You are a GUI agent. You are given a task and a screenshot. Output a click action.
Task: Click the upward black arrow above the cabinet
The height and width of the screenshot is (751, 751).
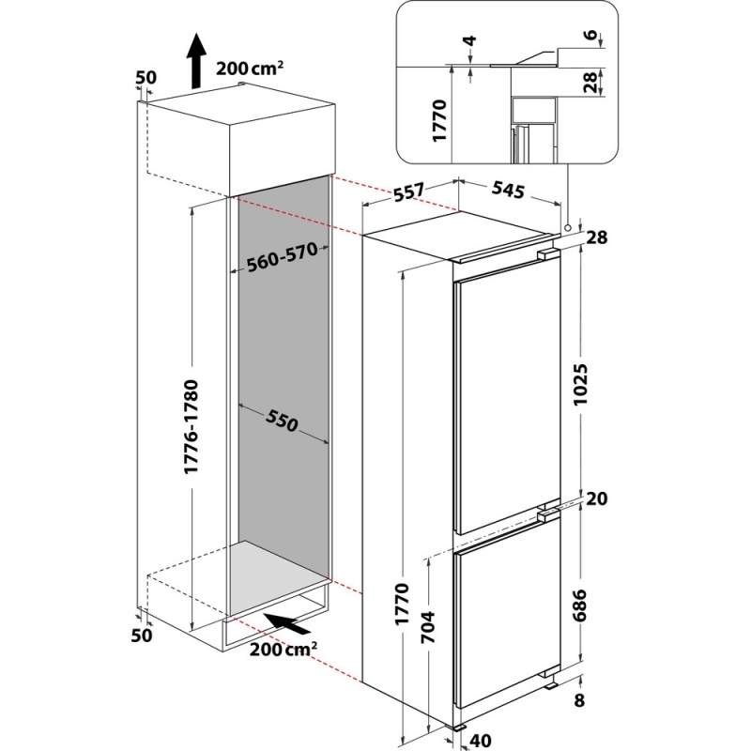tap(196, 61)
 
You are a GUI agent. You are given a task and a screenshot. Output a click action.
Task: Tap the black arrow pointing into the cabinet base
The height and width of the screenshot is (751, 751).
tap(288, 624)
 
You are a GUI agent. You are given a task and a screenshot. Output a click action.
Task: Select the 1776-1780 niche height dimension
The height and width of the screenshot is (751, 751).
tap(192, 427)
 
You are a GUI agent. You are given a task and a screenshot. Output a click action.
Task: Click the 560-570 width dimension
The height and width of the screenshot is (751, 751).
tap(283, 256)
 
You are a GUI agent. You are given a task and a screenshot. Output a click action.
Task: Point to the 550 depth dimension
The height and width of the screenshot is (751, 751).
tap(283, 421)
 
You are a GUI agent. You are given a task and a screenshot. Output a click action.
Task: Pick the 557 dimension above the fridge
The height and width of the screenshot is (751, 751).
tap(410, 192)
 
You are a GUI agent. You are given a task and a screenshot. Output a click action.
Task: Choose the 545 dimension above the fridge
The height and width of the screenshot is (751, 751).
tap(508, 191)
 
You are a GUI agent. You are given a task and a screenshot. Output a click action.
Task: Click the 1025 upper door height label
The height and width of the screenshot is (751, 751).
tap(581, 385)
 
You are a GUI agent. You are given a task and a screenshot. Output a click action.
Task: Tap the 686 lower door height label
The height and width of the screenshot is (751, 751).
tap(580, 605)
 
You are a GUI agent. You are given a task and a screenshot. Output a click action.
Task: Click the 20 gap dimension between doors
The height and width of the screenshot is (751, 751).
tap(596, 499)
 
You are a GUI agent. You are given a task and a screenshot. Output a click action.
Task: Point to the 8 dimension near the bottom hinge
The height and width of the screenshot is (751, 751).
tap(579, 700)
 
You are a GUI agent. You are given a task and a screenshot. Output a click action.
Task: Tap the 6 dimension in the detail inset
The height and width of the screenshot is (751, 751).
tap(592, 35)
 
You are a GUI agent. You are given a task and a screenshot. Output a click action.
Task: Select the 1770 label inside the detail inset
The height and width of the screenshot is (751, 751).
tap(438, 120)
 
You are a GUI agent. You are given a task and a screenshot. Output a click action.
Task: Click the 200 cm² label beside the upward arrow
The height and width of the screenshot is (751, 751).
tap(250, 68)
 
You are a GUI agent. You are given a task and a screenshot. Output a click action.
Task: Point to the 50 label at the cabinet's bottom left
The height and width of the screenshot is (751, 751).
tap(142, 636)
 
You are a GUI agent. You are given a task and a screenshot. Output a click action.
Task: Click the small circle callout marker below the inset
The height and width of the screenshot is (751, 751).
tap(568, 228)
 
